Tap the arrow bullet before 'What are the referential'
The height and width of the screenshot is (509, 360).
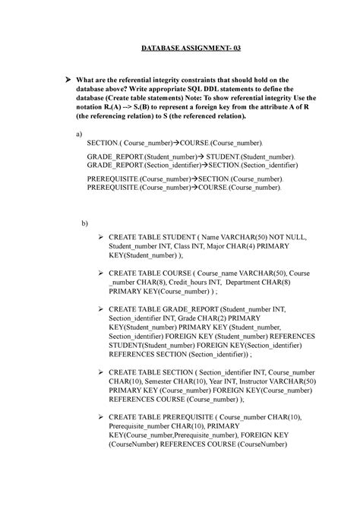[68, 80]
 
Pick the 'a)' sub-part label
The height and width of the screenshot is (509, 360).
[81, 133]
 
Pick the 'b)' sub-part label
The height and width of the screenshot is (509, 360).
[85, 223]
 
